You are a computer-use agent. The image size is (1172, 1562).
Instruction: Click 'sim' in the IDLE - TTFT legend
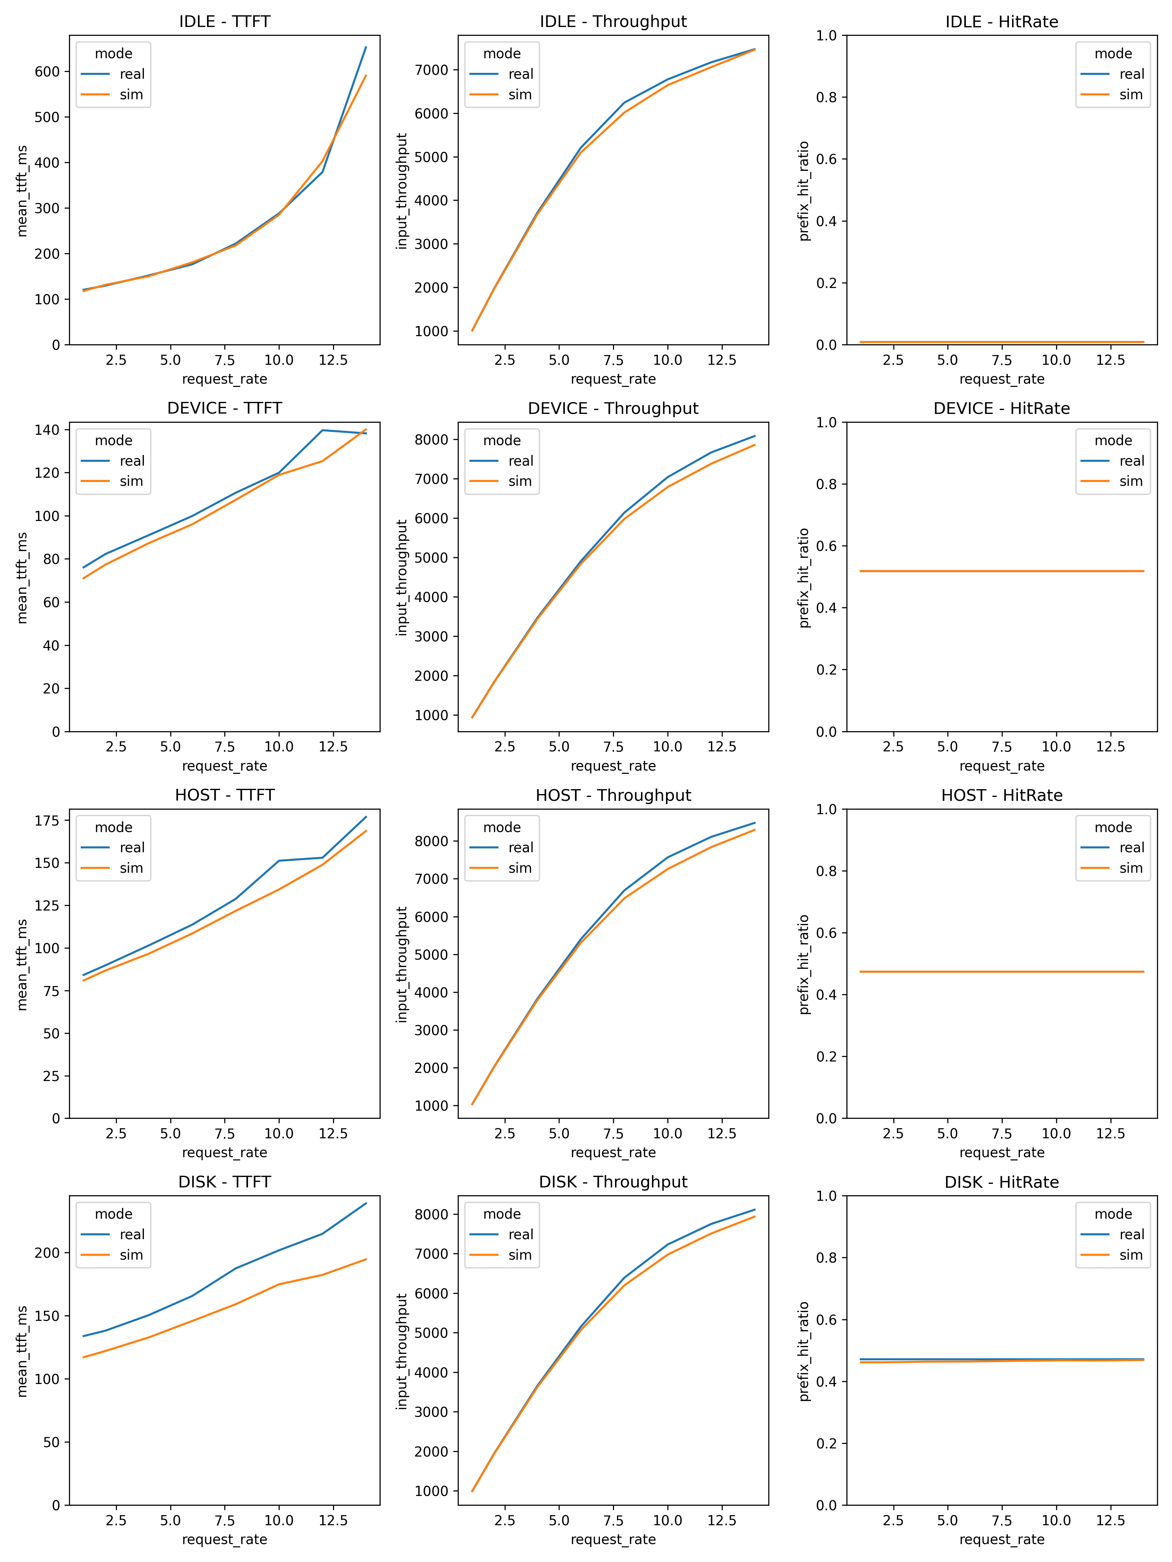132,95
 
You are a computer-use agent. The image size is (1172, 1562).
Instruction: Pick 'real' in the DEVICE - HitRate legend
1131,461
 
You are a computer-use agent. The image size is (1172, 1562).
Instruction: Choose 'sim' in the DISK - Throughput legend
520,1255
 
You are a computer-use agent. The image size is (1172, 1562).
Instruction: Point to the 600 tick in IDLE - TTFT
47,71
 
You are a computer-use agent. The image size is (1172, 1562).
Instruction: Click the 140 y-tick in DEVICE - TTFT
47,430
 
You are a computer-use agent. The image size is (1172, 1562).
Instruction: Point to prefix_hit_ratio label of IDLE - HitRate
804,191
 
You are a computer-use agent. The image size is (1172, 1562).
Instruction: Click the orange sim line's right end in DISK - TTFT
366,1259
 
